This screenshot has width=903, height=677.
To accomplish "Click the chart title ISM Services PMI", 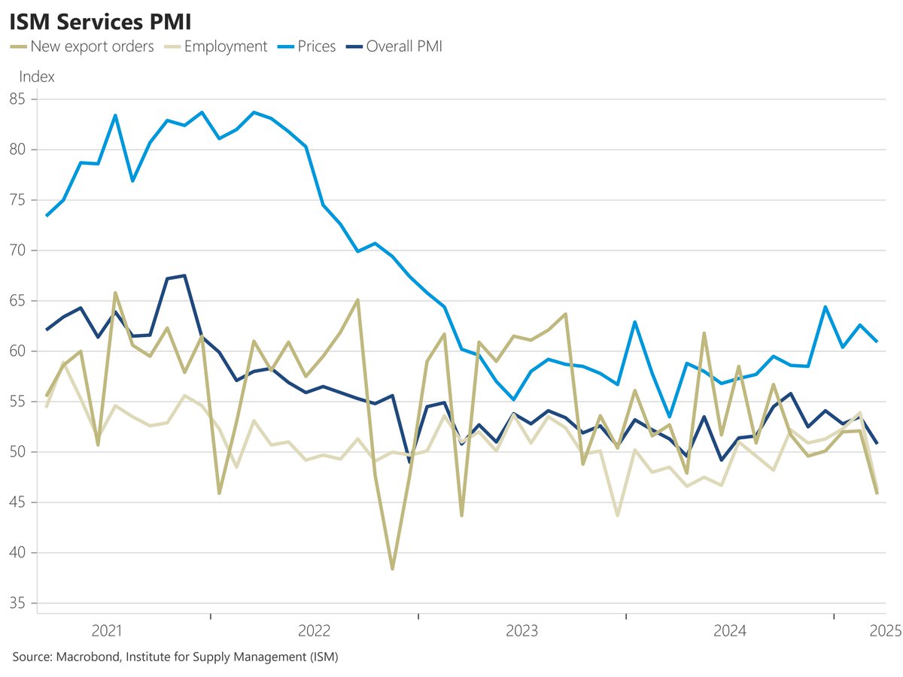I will point(99,20).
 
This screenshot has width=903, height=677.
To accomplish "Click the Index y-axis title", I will point(36,77).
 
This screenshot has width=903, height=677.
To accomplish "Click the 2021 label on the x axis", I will point(107,630).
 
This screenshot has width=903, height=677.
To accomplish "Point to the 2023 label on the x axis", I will point(522,630).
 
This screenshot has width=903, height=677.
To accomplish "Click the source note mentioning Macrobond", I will point(175,657).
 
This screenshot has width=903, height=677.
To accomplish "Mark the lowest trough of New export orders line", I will point(392,569).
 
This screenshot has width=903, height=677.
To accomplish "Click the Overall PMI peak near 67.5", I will point(184,275).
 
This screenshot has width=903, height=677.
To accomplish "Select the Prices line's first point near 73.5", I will point(47,216).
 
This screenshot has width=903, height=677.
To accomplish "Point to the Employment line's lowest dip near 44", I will point(618,515).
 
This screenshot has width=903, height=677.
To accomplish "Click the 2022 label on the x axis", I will point(315,630).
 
